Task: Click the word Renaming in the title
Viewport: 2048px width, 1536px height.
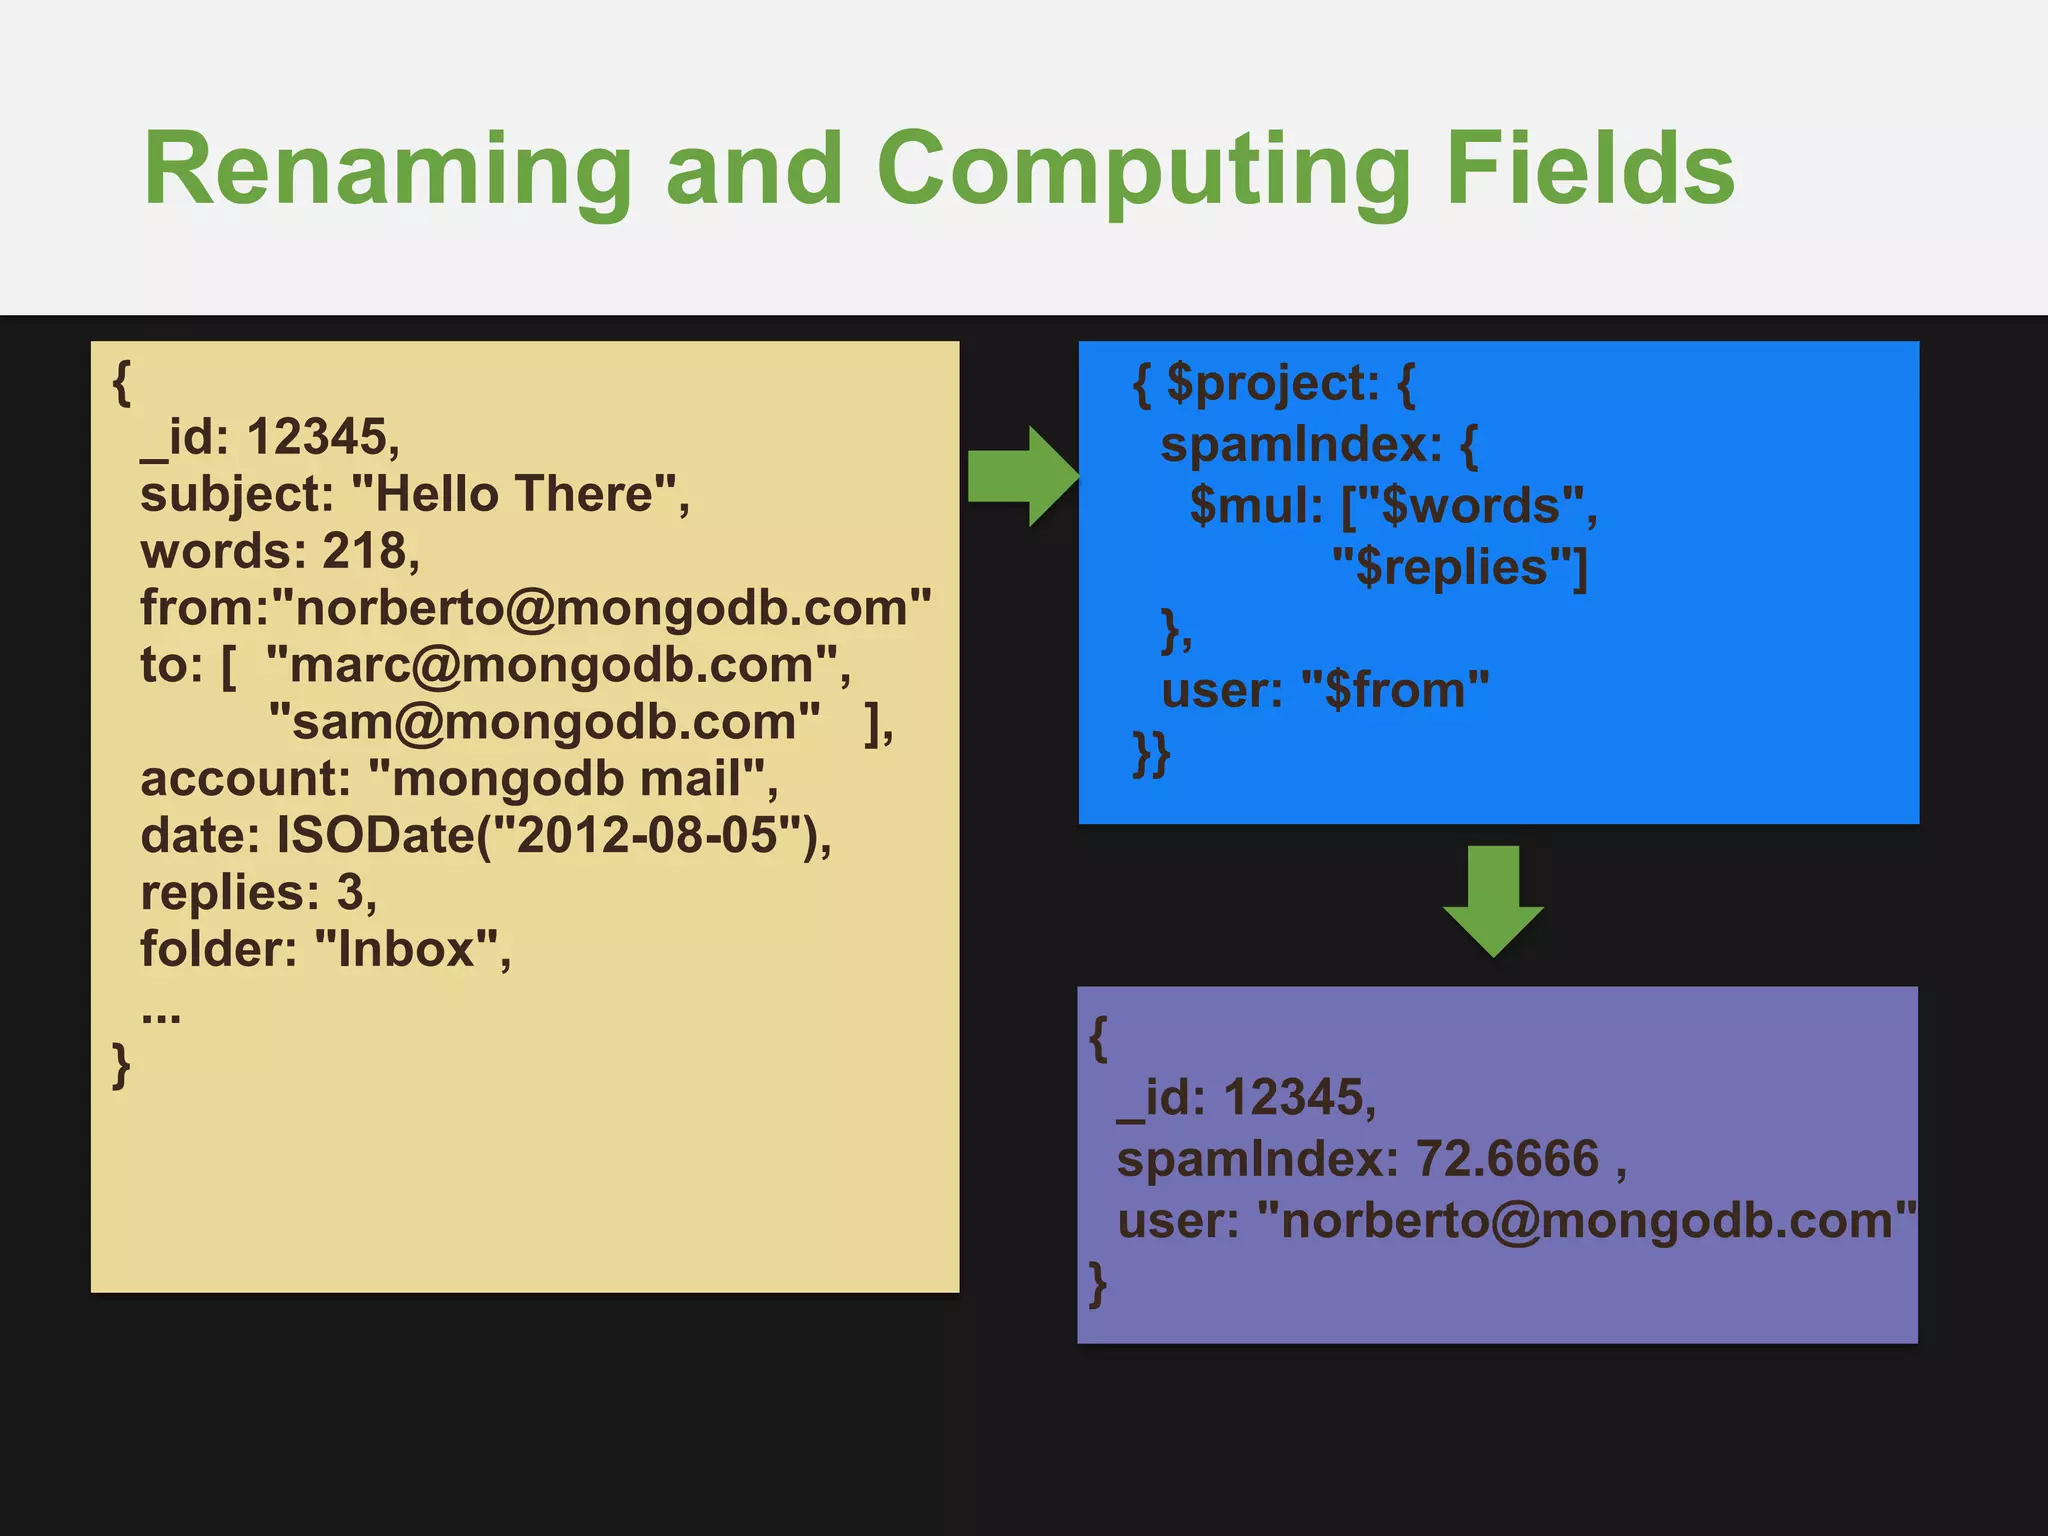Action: (388, 170)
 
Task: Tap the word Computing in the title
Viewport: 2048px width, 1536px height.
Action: (1143, 170)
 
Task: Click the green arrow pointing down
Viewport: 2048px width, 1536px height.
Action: (1493, 900)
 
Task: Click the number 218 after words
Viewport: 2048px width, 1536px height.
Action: (364, 551)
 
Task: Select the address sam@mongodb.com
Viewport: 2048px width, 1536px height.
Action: (545, 722)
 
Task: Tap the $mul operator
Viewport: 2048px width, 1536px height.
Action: (1255, 506)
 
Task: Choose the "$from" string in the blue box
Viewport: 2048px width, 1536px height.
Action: (1396, 690)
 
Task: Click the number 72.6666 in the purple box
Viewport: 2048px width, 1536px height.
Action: (1507, 1159)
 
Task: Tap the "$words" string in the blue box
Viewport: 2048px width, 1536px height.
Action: (1471, 506)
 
